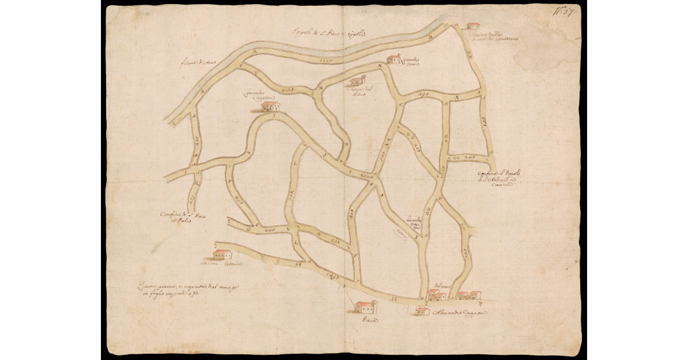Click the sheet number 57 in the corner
[x=568, y=10]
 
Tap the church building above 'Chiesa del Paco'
[x=358, y=81]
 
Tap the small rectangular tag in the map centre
[x=400, y=234]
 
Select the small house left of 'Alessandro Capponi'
[x=423, y=311]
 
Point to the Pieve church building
[x=365, y=307]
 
